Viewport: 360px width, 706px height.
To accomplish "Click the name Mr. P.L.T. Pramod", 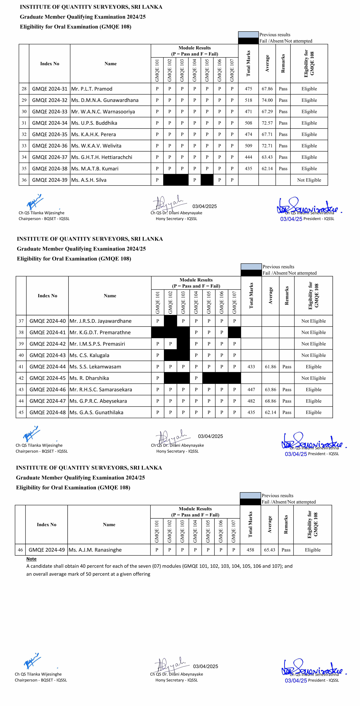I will [92, 89].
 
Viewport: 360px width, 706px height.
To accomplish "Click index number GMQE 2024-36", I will [50, 146].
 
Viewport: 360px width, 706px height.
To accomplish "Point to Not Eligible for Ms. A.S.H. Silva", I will [309, 180].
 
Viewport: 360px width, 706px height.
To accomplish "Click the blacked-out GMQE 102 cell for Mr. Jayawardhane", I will [170, 321].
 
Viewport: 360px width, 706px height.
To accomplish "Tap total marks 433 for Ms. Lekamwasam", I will [251, 367].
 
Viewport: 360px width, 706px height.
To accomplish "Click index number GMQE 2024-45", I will [48, 378].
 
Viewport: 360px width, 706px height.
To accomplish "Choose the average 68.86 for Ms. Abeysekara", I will [270, 401].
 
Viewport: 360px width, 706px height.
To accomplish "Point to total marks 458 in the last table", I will [250, 550].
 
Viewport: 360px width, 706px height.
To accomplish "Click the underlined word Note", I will [31, 559].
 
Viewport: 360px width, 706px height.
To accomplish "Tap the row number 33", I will [24, 146].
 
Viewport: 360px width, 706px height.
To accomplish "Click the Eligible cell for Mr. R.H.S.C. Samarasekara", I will [313, 389].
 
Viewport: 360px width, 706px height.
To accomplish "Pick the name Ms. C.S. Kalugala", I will [89, 355].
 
